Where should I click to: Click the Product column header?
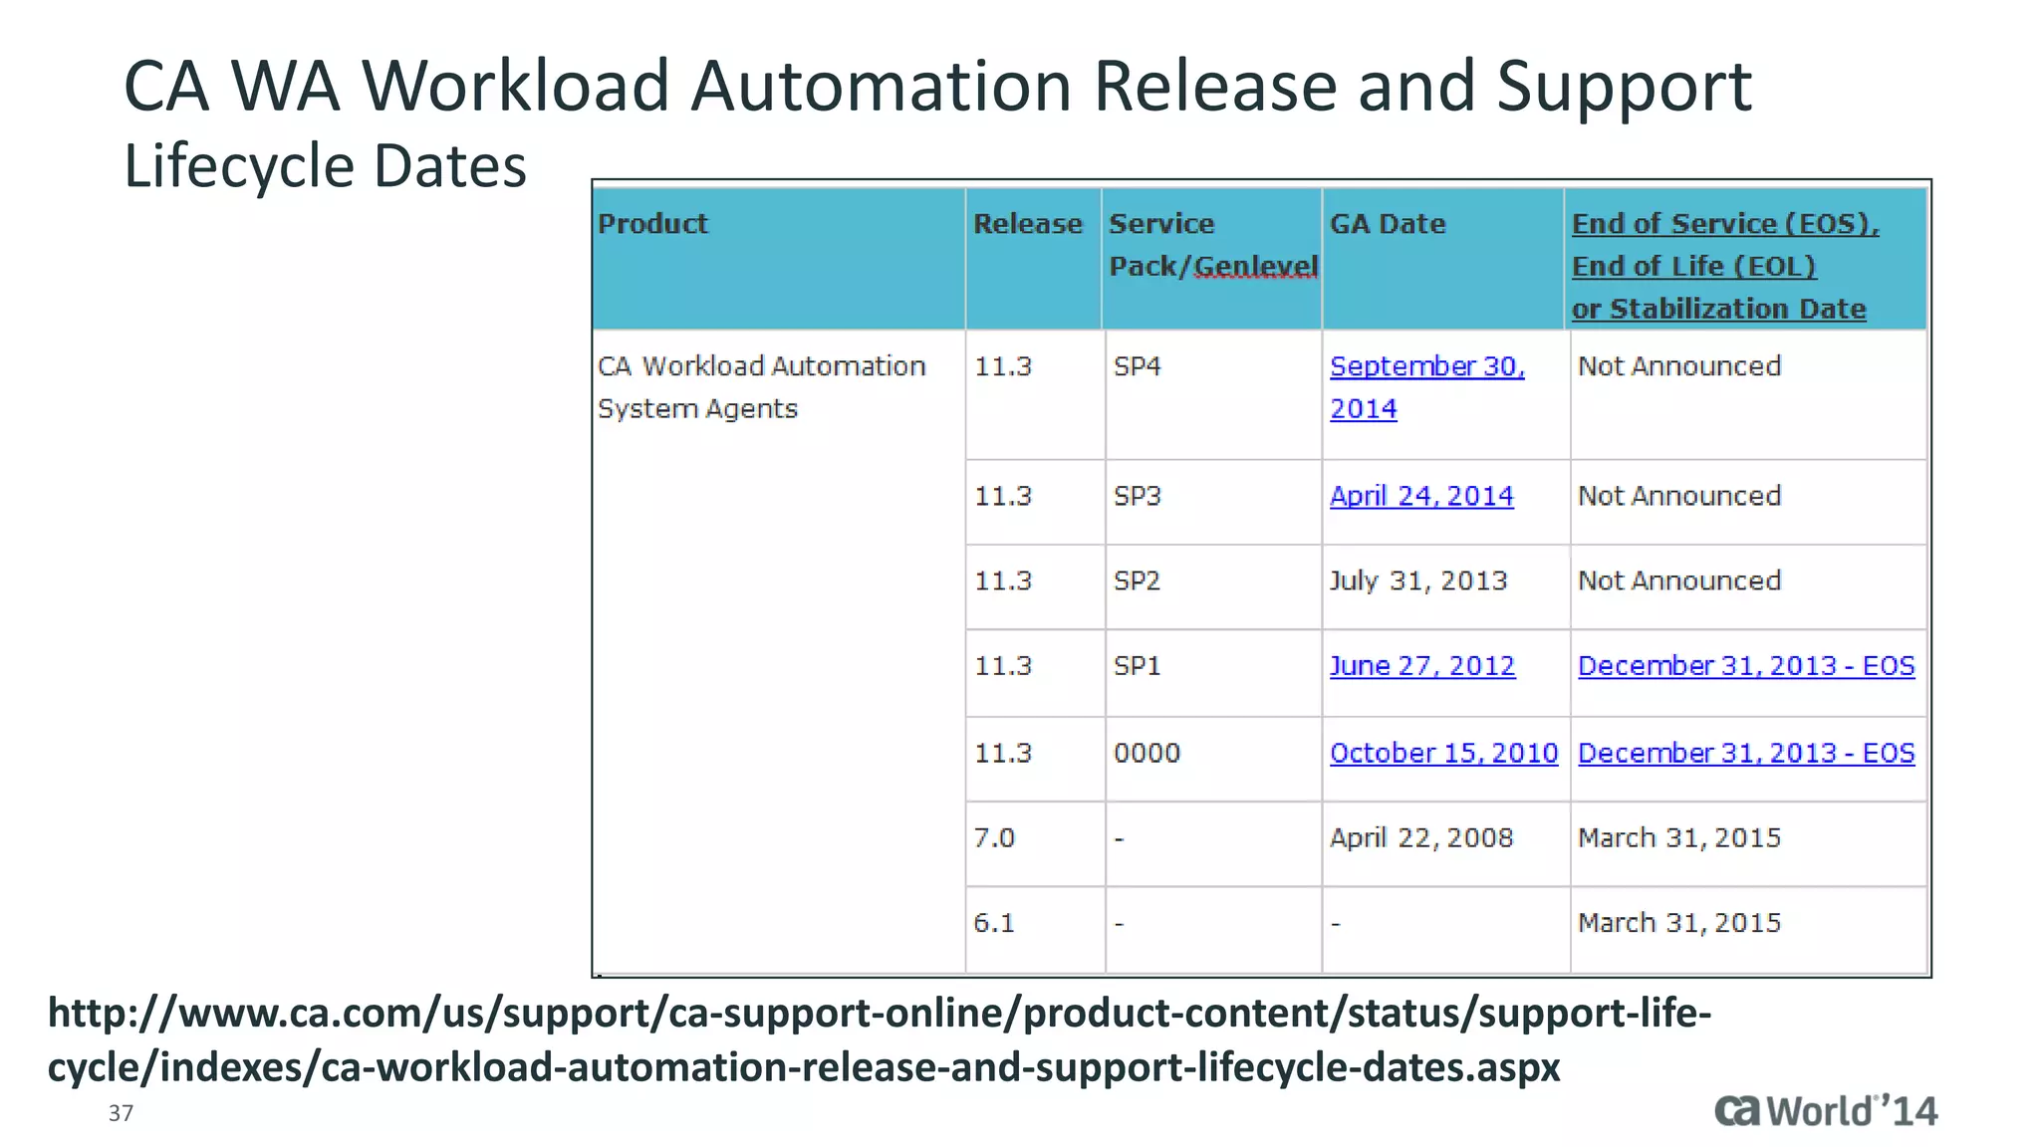tap(653, 224)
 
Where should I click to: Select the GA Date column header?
tap(1388, 224)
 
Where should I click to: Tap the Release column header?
tap(1028, 224)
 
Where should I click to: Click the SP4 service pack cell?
tap(1138, 366)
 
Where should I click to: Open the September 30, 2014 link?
tap(1426, 386)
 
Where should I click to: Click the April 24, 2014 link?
tap(1421, 496)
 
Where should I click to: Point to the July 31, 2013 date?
tap(1418, 580)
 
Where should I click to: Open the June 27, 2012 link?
tap(1422, 666)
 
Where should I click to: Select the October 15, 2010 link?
tap(1443, 753)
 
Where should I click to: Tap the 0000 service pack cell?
tap(1147, 753)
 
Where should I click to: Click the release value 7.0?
tap(994, 838)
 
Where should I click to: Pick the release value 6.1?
tap(994, 923)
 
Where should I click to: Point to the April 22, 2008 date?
tap(1421, 838)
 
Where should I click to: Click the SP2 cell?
tap(1138, 580)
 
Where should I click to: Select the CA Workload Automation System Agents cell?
tap(761, 387)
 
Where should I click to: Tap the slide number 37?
tap(121, 1113)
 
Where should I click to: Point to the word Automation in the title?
tap(882, 87)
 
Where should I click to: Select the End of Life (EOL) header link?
tap(1693, 267)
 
